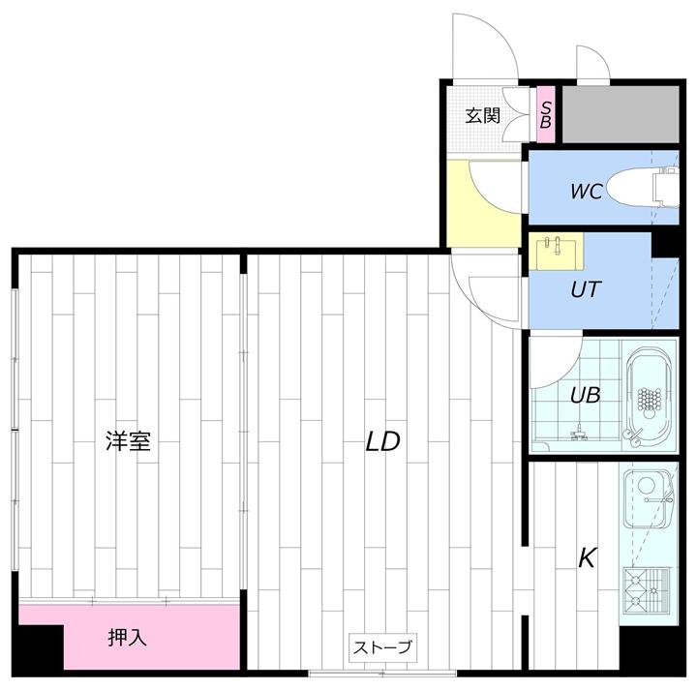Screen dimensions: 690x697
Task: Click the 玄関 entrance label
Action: pos(483,116)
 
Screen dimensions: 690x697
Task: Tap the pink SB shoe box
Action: pos(546,115)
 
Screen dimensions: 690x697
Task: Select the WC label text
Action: pos(586,191)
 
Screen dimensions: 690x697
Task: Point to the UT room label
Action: pos(584,288)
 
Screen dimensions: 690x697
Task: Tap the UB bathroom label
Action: pos(585,394)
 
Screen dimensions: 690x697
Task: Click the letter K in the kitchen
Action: pos(587,557)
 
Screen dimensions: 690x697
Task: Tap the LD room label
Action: pos(382,441)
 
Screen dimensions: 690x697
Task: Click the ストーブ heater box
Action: pos(382,647)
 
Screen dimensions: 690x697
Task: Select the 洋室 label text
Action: pos(128,442)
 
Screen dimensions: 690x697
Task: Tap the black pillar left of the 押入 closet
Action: pos(40,647)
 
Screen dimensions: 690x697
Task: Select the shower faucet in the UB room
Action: pos(578,434)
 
